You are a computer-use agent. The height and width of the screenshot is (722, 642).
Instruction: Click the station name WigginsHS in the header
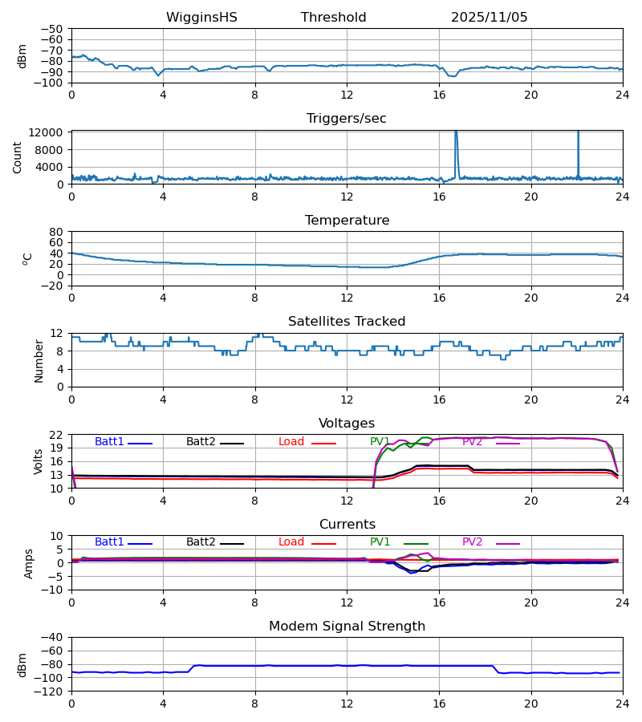click(201, 18)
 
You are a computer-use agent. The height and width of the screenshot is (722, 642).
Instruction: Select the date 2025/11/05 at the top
click(489, 18)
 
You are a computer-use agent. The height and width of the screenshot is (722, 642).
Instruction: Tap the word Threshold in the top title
click(333, 18)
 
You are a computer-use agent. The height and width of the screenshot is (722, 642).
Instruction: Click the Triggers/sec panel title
click(346, 119)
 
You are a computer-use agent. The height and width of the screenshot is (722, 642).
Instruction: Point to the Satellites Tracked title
click(346, 322)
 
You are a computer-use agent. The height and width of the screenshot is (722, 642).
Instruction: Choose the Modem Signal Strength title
click(346, 627)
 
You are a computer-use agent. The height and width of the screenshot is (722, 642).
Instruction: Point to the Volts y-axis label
click(39, 461)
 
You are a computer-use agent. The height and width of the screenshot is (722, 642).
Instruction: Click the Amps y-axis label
click(29, 563)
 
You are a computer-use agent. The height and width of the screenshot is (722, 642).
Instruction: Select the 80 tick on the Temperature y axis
click(56, 232)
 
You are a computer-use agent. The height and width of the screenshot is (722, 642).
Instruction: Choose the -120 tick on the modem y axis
click(51, 692)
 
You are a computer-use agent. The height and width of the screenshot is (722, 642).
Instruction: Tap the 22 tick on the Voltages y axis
click(56, 435)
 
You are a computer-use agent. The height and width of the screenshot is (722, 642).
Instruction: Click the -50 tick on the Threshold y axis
click(53, 29)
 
